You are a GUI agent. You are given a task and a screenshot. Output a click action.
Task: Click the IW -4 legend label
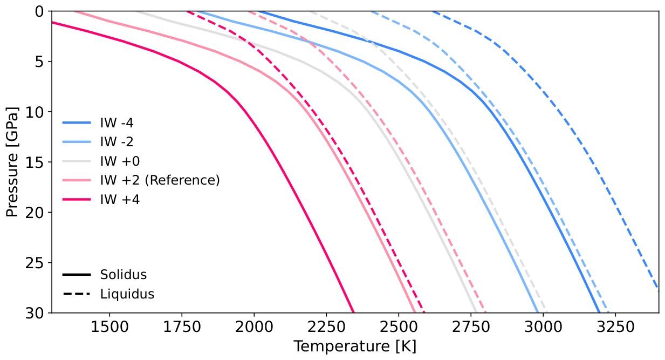click(116, 123)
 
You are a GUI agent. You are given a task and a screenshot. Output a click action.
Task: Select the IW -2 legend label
click(116, 142)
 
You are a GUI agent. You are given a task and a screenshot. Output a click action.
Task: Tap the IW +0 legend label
click(120, 161)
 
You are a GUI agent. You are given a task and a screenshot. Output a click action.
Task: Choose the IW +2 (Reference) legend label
click(160, 180)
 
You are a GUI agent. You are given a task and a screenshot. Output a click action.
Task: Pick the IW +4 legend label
click(120, 199)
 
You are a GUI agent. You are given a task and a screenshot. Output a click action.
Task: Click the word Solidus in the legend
click(124, 275)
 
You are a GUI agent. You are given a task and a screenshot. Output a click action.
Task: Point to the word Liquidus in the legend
click(127, 294)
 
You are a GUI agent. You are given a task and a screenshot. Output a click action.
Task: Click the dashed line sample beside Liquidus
click(77, 294)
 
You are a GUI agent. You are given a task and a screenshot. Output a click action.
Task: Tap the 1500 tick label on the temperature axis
click(109, 327)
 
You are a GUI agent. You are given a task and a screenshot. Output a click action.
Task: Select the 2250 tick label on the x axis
click(326, 327)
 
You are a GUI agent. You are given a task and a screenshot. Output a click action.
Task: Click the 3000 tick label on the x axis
click(543, 327)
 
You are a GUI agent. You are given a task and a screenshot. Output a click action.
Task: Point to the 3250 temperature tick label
click(615, 327)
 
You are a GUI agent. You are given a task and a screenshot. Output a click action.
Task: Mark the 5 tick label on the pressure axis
click(39, 62)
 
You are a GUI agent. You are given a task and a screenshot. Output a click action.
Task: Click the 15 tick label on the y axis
click(35, 162)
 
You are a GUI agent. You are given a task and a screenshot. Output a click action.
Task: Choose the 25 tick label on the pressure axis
click(35, 262)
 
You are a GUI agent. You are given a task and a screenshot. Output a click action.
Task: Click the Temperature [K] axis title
click(355, 347)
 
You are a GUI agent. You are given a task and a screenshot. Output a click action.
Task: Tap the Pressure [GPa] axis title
click(12, 162)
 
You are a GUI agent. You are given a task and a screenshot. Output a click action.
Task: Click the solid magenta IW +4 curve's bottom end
click(353, 312)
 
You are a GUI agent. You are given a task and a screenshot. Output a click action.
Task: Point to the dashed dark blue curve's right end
click(658, 288)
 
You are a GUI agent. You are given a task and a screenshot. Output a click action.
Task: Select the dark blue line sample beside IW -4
click(77, 123)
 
